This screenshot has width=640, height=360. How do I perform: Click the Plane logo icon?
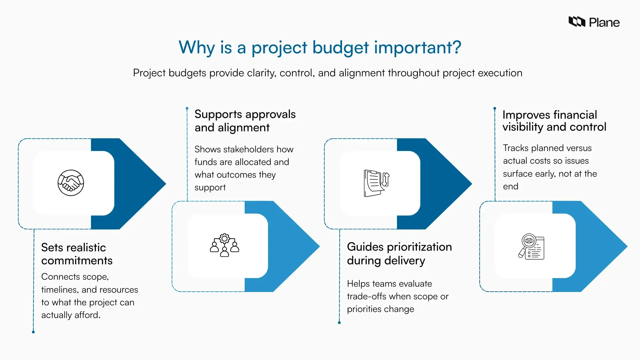pos(577,22)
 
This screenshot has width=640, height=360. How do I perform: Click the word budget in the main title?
pos(340,47)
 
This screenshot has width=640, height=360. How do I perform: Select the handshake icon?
pos(71,183)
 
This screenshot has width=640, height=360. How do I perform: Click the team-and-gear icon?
pos(225,245)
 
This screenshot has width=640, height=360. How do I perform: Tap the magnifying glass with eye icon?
pos(531,247)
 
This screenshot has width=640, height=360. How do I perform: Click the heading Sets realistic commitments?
pos(77,254)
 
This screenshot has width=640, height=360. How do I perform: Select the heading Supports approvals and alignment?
pos(245,121)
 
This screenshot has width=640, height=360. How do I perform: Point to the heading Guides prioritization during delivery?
pos(399,254)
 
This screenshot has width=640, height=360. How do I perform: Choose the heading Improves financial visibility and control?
pos(554,121)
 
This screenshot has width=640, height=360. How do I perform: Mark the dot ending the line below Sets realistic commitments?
pos(33,332)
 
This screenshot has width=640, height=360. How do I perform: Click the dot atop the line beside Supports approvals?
pos(187,108)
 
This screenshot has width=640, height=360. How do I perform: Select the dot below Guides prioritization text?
pos(339,323)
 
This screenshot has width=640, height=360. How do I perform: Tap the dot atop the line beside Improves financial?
pos(495,108)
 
